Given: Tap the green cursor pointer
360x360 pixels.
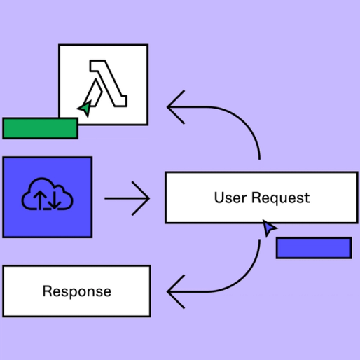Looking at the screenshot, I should click(85, 108).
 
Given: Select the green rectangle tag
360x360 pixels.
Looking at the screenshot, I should click(40, 128).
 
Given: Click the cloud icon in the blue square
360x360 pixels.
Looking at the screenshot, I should click(48, 196).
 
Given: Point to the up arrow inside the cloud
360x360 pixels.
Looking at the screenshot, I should click(41, 200).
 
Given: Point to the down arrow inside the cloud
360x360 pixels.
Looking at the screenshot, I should click(56, 200).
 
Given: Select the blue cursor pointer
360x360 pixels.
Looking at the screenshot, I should click(269, 228).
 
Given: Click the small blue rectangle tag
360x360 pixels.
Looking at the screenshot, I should click(313, 248).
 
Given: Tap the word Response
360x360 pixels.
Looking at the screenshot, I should click(76, 291).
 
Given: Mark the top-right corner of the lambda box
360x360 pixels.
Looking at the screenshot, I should click(147, 46).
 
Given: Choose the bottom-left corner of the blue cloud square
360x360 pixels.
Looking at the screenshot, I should click(4, 236).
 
